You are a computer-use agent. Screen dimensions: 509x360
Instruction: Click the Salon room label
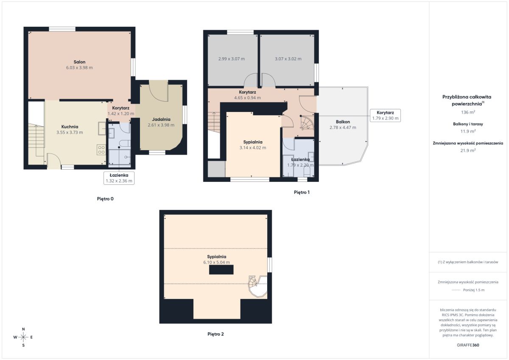pos(80,62)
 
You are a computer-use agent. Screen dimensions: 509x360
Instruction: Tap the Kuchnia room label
pos(70,127)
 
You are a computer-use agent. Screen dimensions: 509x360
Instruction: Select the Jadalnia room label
pos(161,119)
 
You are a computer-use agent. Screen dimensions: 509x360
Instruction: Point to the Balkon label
pos(343,122)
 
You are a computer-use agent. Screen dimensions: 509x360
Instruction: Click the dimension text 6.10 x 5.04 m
pos(217,262)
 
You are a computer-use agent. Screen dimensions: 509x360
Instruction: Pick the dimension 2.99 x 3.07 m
pos(232,59)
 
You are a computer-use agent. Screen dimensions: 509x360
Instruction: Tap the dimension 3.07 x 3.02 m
pos(288,59)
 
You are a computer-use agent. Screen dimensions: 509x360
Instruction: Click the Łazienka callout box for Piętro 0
pos(119,178)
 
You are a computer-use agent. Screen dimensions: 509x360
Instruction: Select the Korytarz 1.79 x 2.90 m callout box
pos(386,115)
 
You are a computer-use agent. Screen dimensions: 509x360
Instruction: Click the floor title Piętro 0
pos(105,199)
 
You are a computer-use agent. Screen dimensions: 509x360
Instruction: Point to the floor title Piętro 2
pos(215,334)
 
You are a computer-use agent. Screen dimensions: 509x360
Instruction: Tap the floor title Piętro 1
pos(302,192)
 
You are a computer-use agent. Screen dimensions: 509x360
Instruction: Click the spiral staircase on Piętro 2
pos(258,286)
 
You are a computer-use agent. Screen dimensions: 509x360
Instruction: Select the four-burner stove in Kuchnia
pos(101,150)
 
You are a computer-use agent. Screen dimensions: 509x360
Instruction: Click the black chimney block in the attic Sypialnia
pos(221,270)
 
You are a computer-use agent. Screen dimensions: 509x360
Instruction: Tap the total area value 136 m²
pos(468,112)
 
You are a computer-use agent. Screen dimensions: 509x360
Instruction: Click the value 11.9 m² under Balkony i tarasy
pos(468,131)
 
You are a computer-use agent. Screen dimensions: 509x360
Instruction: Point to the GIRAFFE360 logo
pos(468,345)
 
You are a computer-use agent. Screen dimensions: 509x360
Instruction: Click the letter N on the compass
pos(23,329)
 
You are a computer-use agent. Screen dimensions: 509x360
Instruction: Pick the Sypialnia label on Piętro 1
pos(253,142)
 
